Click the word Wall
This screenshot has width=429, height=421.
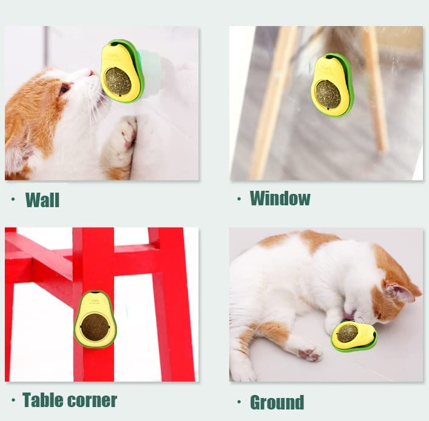point(42,199)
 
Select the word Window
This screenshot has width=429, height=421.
point(280,198)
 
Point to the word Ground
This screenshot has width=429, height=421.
point(277,402)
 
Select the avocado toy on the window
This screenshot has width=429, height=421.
point(332,85)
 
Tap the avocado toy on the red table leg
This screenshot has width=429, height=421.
point(95,319)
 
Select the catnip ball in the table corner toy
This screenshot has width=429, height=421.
point(95,327)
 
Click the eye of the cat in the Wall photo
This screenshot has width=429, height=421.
point(64,89)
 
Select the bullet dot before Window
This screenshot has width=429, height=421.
point(239,198)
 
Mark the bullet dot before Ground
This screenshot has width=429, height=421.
point(239,402)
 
